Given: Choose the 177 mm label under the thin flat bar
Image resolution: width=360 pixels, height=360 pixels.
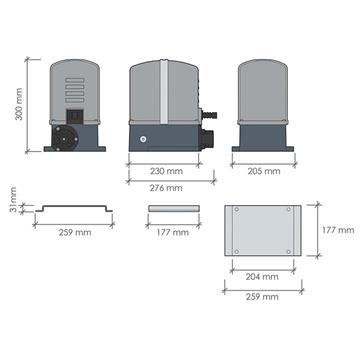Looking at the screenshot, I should [x=174, y=232].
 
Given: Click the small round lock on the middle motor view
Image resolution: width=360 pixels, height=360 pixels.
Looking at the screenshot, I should [x=143, y=137].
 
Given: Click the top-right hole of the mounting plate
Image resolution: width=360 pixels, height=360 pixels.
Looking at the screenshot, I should [x=291, y=210].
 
